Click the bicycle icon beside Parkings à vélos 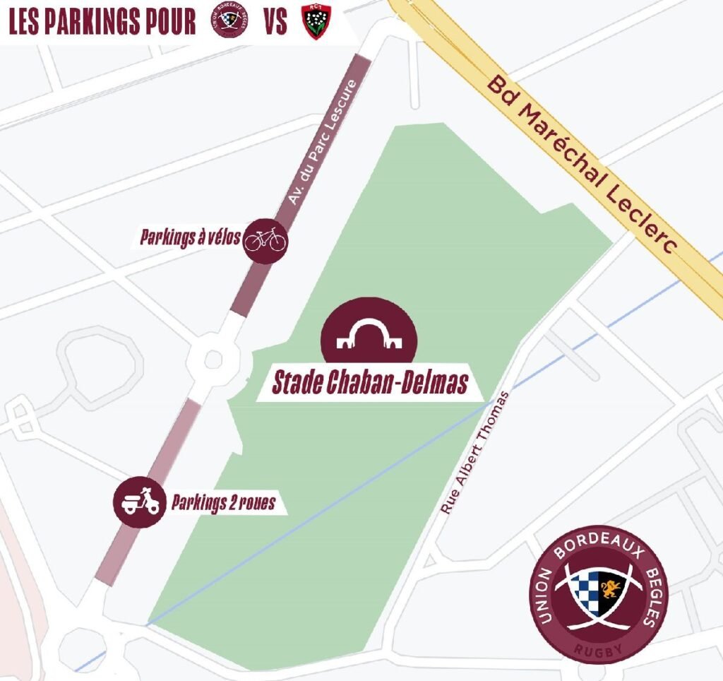click(x=265, y=240)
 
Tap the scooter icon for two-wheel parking click(x=140, y=502)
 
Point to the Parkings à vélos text click(x=190, y=238)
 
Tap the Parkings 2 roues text click(x=222, y=504)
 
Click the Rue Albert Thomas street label click(x=474, y=453)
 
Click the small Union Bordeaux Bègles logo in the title click(x=229, y=22)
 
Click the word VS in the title click(x=275, y=23)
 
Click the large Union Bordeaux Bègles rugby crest click(x=598, y=593)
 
